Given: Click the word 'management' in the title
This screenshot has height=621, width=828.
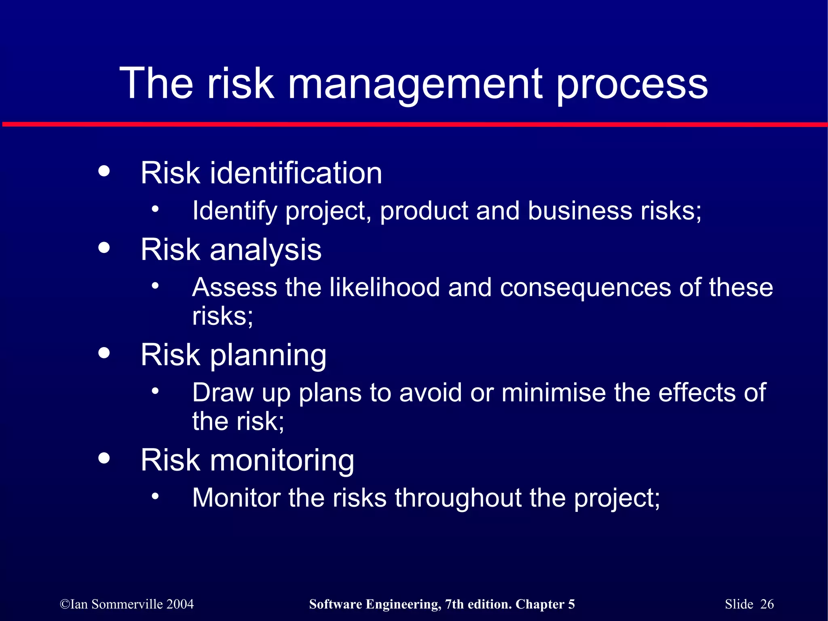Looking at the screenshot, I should point(415,85).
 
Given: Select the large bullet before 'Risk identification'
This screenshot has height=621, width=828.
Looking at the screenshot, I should point(104,171).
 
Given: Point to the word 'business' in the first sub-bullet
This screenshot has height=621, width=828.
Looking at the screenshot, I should point(580,211).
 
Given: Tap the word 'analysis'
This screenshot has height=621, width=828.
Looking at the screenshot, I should point(265,251).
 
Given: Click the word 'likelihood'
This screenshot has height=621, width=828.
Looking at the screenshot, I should point(384,288).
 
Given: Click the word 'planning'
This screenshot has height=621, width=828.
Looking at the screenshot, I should point(268,356).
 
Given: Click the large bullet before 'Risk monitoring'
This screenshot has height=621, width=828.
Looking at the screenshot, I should point(104,458).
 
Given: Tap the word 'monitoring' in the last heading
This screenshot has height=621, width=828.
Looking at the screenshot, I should point(281,461).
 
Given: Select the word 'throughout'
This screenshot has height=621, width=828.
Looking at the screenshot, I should point(458,498).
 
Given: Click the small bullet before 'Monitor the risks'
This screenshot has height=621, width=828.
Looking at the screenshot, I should point(155,495).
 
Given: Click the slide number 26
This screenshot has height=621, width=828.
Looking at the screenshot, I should point(767,604).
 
